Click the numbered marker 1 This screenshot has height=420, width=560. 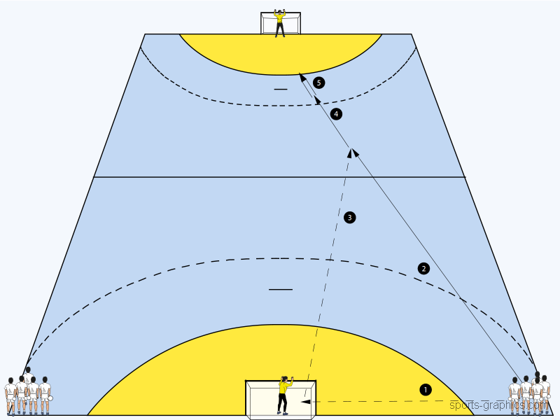click(426, 388)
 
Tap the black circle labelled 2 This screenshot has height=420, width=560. click(423, 268)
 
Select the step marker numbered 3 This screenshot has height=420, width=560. click(350, 218)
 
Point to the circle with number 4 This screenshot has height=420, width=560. click(337, 113)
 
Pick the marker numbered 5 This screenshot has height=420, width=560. click(319, 83)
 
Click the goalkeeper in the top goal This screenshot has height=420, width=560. click(281, 22)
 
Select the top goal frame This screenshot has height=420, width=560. click(281, 22)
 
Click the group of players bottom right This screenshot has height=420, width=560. click(531, 393)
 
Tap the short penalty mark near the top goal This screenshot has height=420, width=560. click(281, 90)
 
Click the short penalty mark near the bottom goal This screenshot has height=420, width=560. click(281, 289)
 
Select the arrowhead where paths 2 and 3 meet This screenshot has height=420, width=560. click(352, 152)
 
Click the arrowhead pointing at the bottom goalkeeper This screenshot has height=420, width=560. click(306, 402)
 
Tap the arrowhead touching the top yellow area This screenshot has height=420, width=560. click(302, 76)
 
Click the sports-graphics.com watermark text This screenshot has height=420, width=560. click(498, 405)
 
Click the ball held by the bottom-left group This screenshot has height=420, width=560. click(50, 398)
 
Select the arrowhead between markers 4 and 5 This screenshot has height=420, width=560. click(318, 99)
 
